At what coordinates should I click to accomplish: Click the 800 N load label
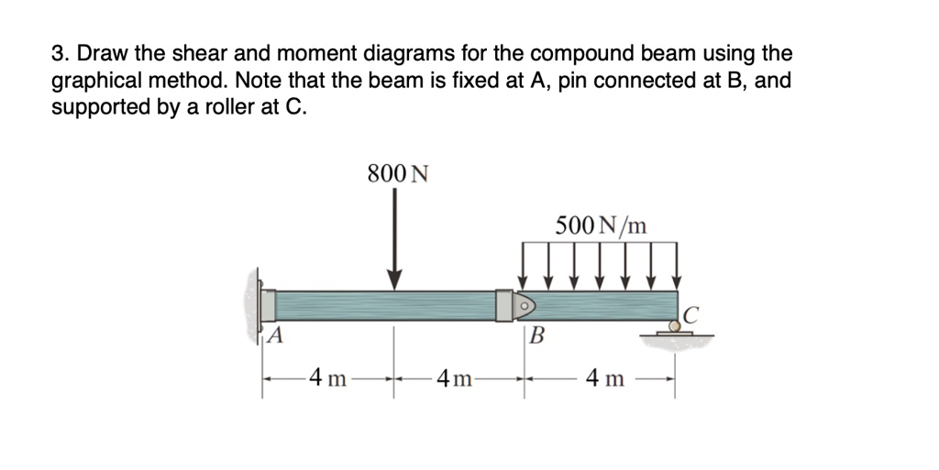[x=397, y=173]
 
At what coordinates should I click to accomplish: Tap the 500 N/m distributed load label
[x=601, y=224]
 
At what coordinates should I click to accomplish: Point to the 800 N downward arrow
[x=395, y=238]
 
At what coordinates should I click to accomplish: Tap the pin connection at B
[x=525, y=304]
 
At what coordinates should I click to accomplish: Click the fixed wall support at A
[x=257, y=304]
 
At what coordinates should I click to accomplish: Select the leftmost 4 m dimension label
[x=327, y=377]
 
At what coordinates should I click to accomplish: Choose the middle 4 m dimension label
[x=456, y=377]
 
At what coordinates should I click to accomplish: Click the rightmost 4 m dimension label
[x=606, y=377]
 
